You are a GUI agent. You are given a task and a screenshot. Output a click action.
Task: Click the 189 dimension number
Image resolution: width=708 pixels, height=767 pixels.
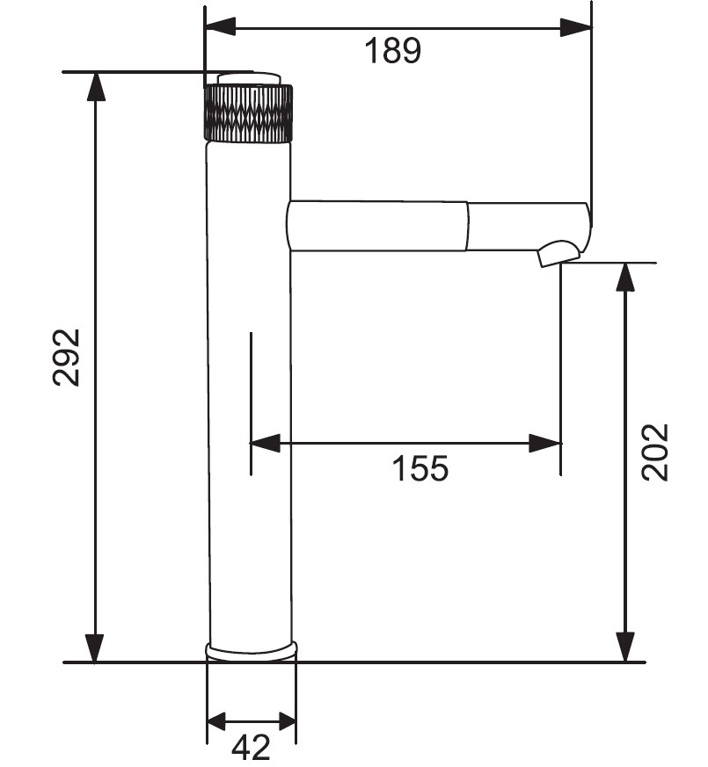tap(392, 50)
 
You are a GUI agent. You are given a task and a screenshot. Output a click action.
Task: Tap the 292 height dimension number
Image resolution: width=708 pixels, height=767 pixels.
tap(66, 358)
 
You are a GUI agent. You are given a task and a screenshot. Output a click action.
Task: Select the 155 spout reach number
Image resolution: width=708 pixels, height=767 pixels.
tap(420, 468)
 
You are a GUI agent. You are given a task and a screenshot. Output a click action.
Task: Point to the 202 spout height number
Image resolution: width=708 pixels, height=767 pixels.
tap(654, 452)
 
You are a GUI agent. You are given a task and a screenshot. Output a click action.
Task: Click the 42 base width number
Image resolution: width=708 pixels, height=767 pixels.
tap(251, 747)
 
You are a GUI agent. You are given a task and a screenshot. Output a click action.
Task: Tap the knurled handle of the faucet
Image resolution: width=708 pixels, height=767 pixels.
tap(248, 114)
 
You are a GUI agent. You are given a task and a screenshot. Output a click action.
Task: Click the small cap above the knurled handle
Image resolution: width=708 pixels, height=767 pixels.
tap(249, 79)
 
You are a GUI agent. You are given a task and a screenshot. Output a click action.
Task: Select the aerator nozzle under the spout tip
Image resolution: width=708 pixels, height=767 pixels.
tap(559, 253)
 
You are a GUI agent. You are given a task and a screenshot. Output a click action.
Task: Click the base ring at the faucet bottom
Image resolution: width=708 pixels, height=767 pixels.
tap(252, 651)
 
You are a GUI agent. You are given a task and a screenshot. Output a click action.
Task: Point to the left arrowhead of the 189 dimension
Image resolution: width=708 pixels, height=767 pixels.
tap(221, 27)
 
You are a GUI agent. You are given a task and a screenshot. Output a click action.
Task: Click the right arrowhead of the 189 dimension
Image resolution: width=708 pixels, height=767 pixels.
tap(576, 27)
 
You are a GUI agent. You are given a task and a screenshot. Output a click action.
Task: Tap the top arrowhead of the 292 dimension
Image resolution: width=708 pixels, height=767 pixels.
tap(95, 87)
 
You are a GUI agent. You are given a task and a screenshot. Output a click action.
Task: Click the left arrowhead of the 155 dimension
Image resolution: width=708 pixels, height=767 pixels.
tap(265, 443)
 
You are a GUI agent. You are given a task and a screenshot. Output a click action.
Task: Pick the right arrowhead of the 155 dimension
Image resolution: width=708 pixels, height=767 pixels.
tap(545, 443)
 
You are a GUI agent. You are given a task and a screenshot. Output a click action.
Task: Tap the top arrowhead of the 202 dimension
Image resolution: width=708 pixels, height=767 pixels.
tap(625, 278)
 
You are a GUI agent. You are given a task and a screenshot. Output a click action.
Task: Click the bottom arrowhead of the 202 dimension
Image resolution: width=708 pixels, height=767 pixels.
tap(625, 648)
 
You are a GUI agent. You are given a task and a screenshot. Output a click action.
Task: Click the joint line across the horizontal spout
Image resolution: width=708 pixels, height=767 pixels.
tap(468, 226)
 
